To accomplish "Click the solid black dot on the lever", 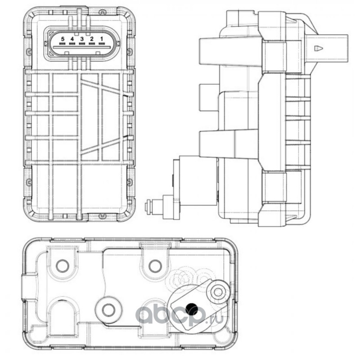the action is [x=192, y=309].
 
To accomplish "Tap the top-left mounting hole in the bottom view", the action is [x=63, y=266].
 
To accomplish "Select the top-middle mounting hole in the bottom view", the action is [x=155, y=266].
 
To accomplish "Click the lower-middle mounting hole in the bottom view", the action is [x=108, y=310].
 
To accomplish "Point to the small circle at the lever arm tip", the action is [x=218, y=292].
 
